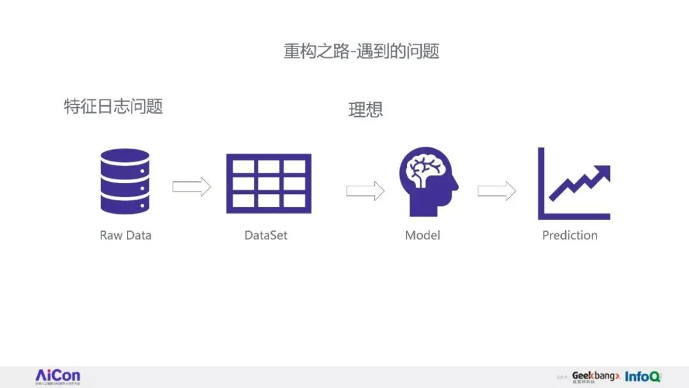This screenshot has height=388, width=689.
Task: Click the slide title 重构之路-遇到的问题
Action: tap(361, 51)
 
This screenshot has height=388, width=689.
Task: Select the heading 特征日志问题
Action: tap(114, 106)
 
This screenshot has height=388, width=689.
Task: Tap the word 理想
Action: tap(366, 110)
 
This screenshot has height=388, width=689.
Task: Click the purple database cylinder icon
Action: tap(125, 181)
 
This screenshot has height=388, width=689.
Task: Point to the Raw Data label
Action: tap(126, 235)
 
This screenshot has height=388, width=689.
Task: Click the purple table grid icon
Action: tap(269, 183)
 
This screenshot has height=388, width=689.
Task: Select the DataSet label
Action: tap(266, 235)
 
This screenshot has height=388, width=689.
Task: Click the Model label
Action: tap(422, 235)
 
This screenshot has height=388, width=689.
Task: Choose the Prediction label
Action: tap(570, 235)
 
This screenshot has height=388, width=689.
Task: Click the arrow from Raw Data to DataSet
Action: tap(191, 187)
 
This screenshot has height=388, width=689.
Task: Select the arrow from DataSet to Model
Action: tap(366, 190)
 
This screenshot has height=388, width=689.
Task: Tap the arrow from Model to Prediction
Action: tap(496, 190)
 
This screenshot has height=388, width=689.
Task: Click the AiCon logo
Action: tap(57, 376)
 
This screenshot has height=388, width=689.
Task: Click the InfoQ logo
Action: tap(643, 377)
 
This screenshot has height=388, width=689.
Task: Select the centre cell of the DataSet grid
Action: tap(269, 184)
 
